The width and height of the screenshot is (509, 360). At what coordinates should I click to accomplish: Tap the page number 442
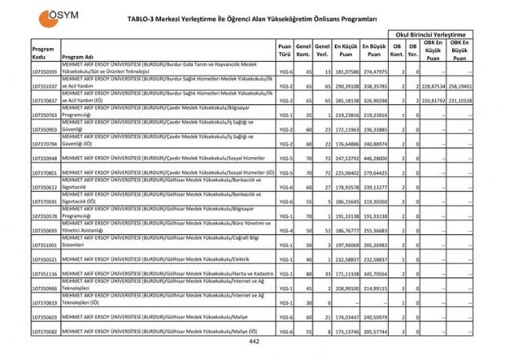(254, 342)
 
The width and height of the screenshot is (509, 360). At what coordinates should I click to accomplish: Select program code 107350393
(45, 72)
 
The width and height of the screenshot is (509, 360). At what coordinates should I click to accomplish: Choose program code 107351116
(45, 274)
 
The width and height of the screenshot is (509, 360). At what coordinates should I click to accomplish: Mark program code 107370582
(45, 331)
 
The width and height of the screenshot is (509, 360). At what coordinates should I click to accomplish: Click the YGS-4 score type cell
(285, 230)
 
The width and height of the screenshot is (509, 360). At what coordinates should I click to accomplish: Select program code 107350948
(45, 159)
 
